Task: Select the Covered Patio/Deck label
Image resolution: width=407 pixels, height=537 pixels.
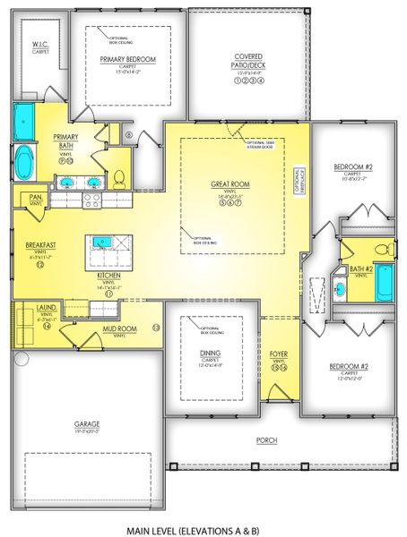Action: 247,59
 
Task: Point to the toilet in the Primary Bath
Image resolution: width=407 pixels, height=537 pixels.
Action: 119,174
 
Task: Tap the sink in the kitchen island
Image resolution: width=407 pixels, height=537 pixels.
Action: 102,242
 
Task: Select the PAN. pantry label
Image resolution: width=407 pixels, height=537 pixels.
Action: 36,197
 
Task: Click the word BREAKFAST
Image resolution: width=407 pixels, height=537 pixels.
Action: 39,243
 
